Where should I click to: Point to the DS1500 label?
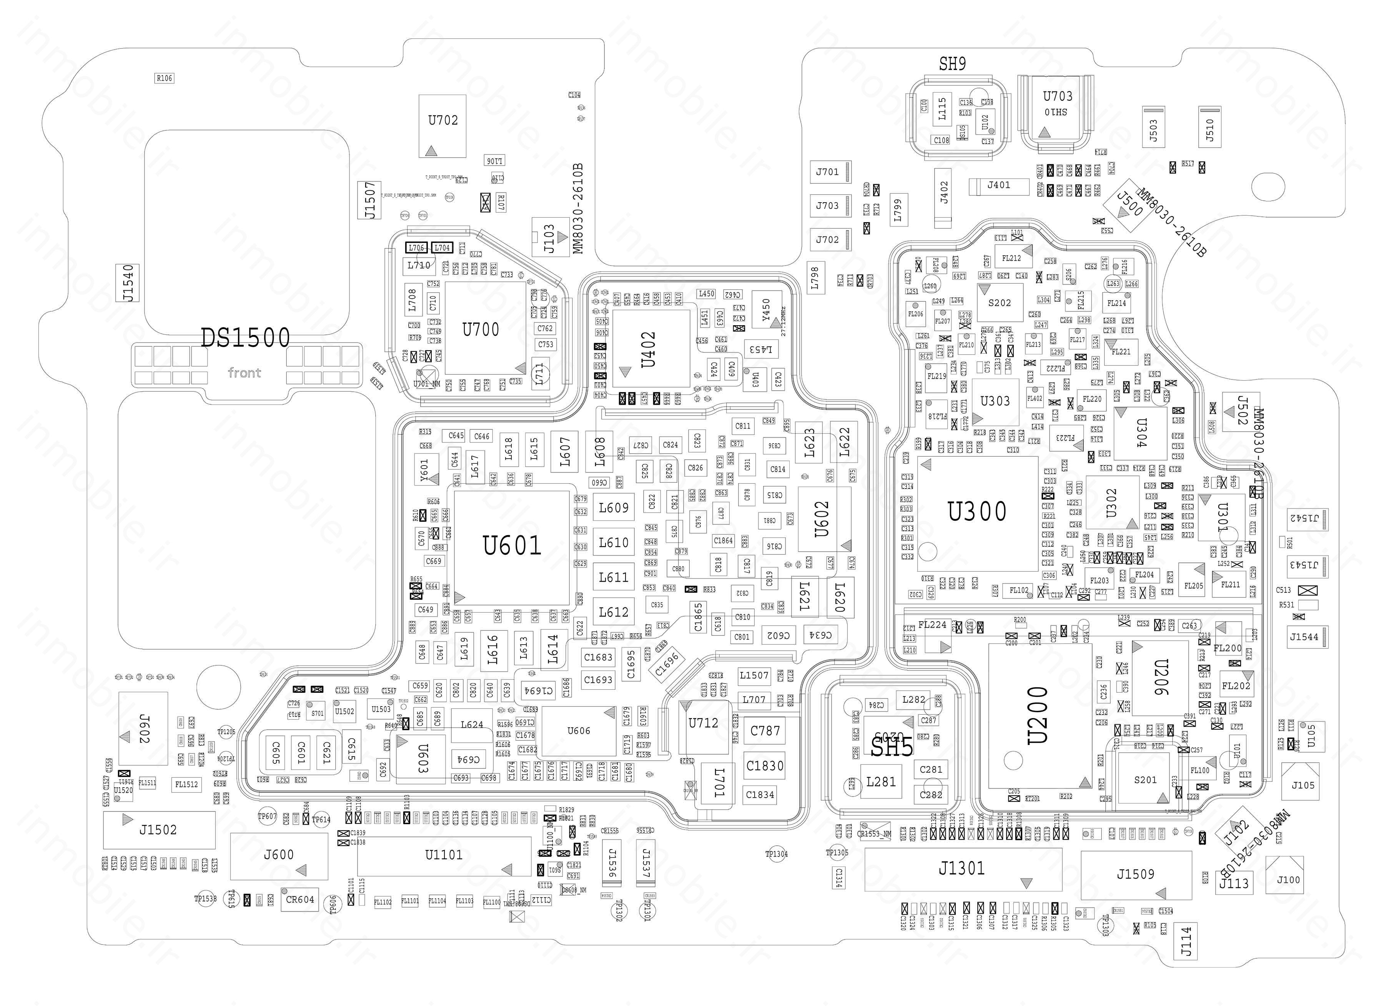245,338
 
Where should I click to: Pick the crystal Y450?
767,311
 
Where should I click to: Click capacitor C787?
765,730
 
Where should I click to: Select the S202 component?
1000,303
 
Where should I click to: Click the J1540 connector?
128,283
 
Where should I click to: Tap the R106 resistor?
164,78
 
